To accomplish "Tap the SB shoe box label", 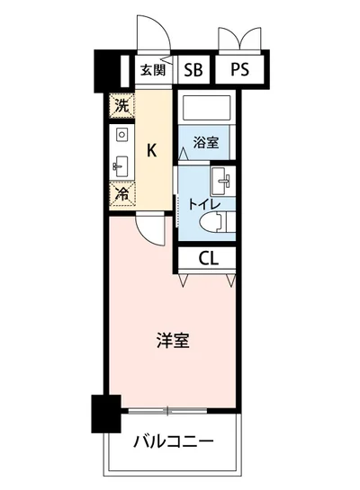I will pyautogui.click(x=193, y=70).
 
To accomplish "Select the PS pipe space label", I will pyautogui.click(x=238, y=70).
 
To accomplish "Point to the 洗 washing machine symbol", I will pyautogui.click(x=121, y=105).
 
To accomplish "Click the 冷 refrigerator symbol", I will pyautogui.click(x=121, y=192).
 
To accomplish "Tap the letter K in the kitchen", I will pyautogui.click(x=152, y=150).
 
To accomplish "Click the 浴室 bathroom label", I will pyautogui.click(x=206, y=141).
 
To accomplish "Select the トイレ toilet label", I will pyautogui.click(x=198, y=203).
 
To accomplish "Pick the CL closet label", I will pyautogui.click(x=209, y=259).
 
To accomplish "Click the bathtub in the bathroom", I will pyautogui.click(x=206, y=110).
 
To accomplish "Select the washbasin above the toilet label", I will pyautogui.click(x=221, y=179).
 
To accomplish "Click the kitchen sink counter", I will pyautogui.click(x=121, y=149).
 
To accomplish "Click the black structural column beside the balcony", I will pyautogui.click(x=105, y=413).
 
